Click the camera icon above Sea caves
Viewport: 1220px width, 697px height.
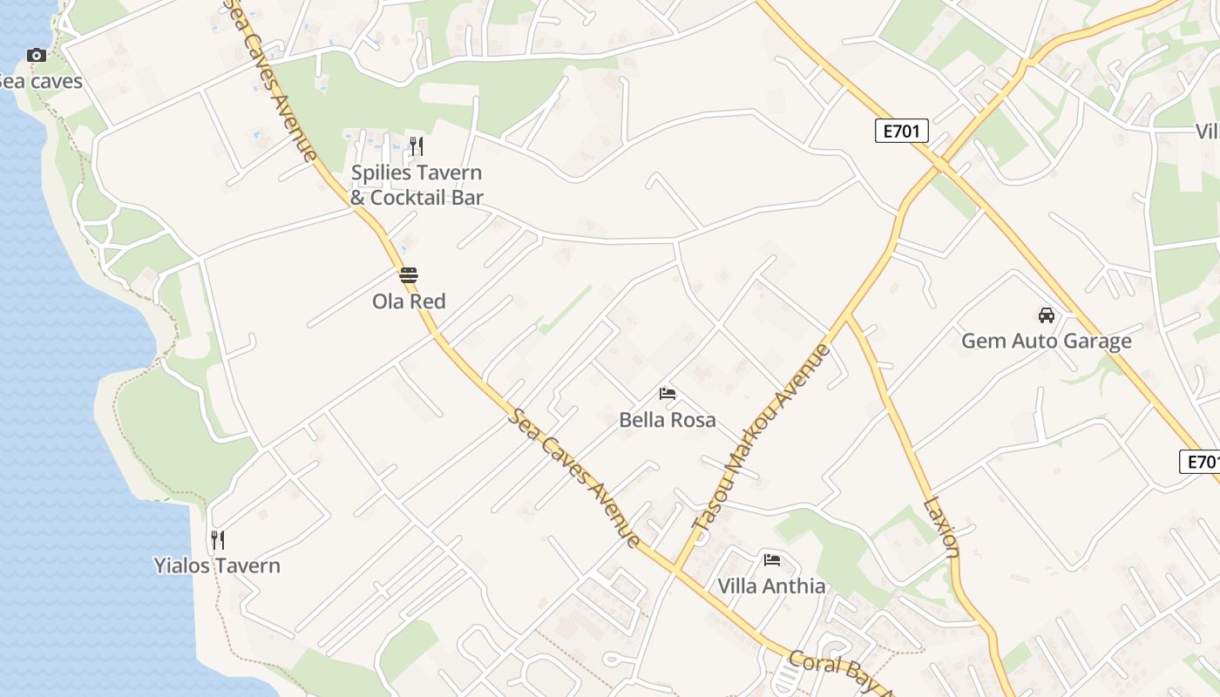tap(36, 56)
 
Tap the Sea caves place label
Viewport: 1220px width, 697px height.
tap(40, 82)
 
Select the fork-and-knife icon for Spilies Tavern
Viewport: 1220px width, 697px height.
tap(417, 146)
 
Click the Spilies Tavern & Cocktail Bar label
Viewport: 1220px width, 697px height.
tap(417, 185)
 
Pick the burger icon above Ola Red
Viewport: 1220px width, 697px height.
tap(409, 275)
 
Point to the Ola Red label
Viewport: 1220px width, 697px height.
tap(409, 301)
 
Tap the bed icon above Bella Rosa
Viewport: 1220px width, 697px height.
tap(668, 394)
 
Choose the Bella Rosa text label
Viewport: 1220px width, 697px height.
tap(668, 420)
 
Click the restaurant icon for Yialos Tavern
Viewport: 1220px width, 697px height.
tap(217, 540)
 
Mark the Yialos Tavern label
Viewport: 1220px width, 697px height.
tap(217, 566)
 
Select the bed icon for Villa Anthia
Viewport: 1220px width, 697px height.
tap(771, 559)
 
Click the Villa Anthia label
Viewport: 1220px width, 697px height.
tap(771, 586)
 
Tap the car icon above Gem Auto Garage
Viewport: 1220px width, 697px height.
tap(1046, 315)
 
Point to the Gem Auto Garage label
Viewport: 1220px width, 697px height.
tap(1046, 341)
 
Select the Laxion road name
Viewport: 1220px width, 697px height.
tap(941, 526)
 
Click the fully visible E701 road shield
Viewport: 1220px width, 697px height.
tap(902, 132)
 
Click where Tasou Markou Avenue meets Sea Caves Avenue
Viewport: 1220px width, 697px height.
tap(675, 568)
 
